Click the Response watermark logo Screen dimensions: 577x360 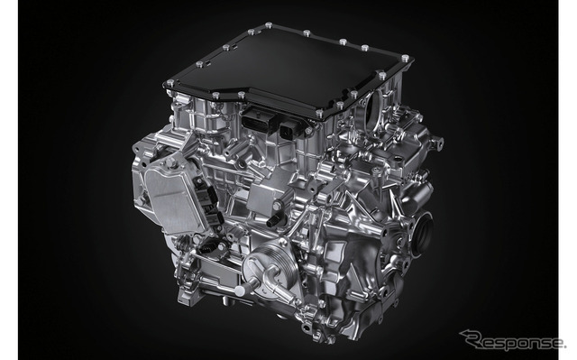pyautogui.click(x=514, y=339)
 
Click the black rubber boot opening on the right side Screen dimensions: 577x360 pyautogui.click(x=422, y=233)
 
